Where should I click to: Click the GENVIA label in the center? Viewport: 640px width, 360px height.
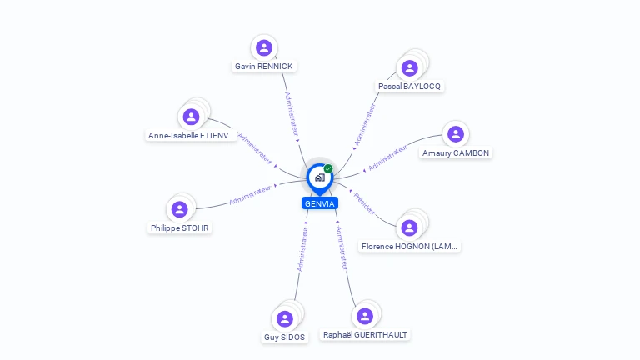point(320,203)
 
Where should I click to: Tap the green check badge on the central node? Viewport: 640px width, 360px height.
point(328,169)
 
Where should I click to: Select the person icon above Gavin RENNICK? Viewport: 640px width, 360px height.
point(264,47)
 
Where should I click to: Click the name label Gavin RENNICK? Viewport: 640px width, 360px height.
point(264,67)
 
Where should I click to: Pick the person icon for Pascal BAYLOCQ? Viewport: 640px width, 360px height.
point(409,67)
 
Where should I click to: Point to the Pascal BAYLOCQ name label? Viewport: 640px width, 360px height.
point(409,86)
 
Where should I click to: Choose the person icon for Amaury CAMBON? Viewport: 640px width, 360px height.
point(455,134)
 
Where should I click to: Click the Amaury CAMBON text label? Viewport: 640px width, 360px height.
point(456,153)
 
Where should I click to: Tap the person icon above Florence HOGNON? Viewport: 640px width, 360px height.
point(409,227)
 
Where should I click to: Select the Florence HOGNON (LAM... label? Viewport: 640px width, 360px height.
point(409,247)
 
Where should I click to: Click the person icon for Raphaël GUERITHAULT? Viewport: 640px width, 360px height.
point(364,316)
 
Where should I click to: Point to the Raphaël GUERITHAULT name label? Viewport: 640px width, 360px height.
point(366,334)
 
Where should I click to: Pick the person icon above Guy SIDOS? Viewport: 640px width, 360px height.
point(285,318)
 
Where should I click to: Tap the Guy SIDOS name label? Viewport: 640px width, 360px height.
point(285,337)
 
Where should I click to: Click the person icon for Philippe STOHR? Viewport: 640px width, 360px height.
point(180,208)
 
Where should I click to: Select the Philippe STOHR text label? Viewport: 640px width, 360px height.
point(181,227)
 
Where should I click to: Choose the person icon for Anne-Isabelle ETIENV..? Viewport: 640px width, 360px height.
point(191,117)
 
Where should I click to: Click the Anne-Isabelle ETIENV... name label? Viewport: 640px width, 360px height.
point(192,136)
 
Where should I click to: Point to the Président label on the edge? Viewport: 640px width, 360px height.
point(364,203)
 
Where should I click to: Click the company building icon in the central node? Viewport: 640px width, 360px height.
point(319,177)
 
